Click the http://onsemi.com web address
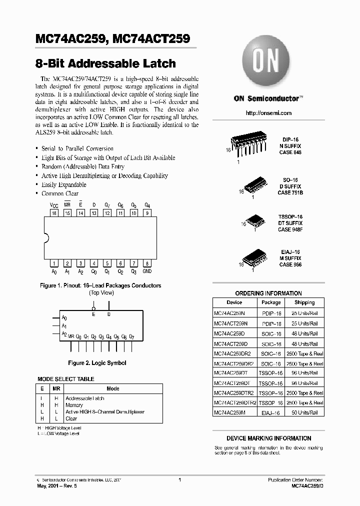coord(268,113)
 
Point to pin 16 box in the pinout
coord(54,213)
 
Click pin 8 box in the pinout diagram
coord(147,263)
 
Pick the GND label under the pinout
coord(147,271)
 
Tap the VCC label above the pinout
coord(53,205)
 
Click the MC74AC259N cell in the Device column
coord(231,312)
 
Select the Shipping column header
coord(304,302)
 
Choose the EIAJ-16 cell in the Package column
coord(270,412)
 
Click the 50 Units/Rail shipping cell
coord(304,412)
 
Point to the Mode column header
coord(113,388)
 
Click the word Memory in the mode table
coord(74,405)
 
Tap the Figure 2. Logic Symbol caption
coord(97,363)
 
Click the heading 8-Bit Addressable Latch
coord(105,64)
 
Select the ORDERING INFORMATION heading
coord(268,293)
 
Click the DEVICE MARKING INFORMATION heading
coord(268,438)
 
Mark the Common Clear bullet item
coord(60,193)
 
